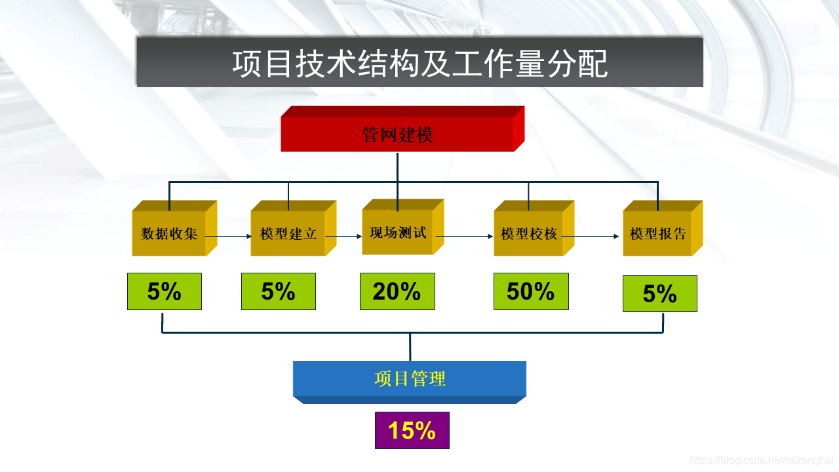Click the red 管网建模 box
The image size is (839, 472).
[x=397, y=135]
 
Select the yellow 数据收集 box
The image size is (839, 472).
[x=169, y=233]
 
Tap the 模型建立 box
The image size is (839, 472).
[x=288, y=233]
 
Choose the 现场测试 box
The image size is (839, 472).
[x=398, y=232]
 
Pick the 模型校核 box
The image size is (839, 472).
[x=529, y=233]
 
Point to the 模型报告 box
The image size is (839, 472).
[x=657, y=233]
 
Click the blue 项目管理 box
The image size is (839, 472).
[x=410, y=379]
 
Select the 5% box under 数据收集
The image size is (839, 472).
[x=165, y=292]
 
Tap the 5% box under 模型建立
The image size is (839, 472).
[x=279, y=292]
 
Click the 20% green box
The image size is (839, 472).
[x=397, y=292]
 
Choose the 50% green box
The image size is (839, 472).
[x=531, y=292]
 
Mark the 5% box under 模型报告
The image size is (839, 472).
[x=659, y=294]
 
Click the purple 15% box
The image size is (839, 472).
[x=412, y=431]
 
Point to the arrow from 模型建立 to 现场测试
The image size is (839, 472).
[x=345, y=236]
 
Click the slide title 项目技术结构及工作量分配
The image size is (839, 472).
[x=419, y=63]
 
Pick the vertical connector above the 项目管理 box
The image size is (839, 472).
[x=410, y=347]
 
